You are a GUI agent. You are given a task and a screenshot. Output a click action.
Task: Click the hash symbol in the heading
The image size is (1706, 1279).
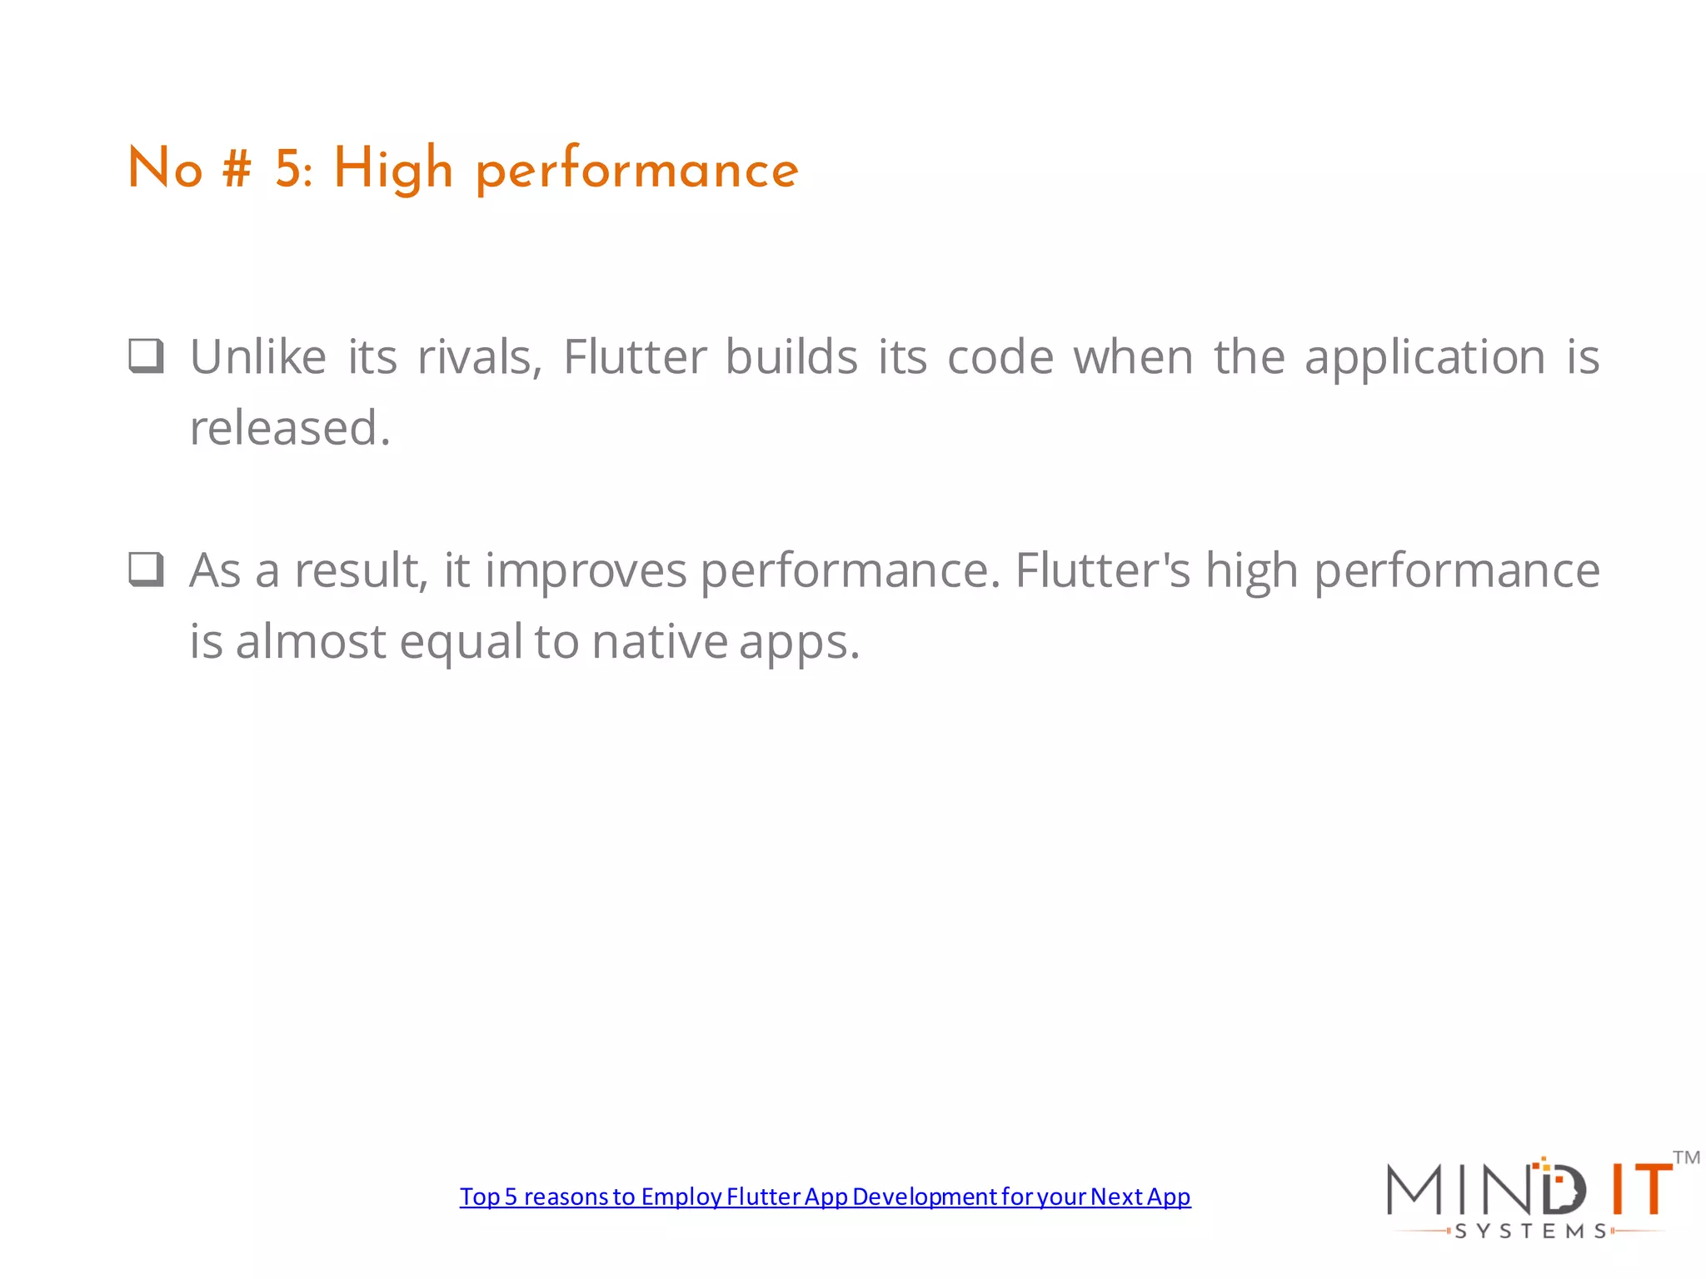pos(237,169)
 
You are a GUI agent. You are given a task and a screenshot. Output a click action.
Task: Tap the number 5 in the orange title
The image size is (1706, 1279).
pos(289,169)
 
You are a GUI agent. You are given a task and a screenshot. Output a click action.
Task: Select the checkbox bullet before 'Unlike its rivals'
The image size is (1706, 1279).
pos(147,356)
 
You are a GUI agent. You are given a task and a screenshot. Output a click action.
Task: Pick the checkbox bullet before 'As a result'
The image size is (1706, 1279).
pos(147,570)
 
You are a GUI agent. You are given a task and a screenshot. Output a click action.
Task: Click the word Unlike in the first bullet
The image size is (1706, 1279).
pos(258,357)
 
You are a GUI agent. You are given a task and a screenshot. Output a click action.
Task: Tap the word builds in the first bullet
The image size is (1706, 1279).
pos(791,357)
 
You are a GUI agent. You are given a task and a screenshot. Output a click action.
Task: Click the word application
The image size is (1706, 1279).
pos(1424,358)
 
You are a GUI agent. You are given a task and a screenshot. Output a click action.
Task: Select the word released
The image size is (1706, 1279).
pos(289,428)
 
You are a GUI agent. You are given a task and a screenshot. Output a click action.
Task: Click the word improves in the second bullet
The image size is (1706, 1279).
pos(586,571)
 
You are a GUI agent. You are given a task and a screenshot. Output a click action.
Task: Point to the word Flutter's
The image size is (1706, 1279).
pos(1103,570)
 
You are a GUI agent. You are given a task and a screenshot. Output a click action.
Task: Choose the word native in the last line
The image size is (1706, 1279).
pos(660,642)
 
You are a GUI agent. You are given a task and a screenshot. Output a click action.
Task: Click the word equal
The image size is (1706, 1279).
pos(461,642)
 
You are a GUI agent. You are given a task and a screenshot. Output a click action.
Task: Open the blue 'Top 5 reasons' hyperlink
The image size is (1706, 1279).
pos(825,1197)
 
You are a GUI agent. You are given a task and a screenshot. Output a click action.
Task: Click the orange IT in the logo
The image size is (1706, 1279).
pos(1639,1189)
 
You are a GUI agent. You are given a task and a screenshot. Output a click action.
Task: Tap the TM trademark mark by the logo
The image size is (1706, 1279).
pos(1686,1157)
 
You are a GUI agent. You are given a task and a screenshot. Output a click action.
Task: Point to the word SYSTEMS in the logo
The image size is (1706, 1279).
pos(1531,1232)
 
